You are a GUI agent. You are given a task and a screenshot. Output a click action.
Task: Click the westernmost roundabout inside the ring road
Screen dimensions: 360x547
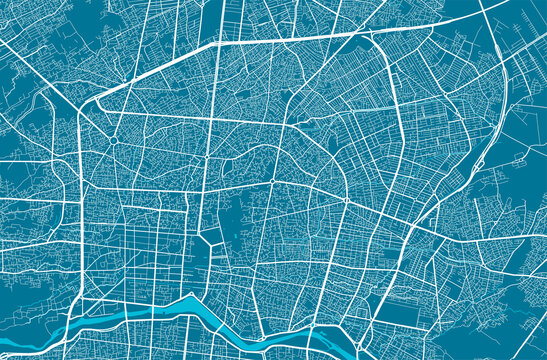(115, 142)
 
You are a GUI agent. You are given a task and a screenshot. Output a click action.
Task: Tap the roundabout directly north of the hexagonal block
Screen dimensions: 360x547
(205, 157)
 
